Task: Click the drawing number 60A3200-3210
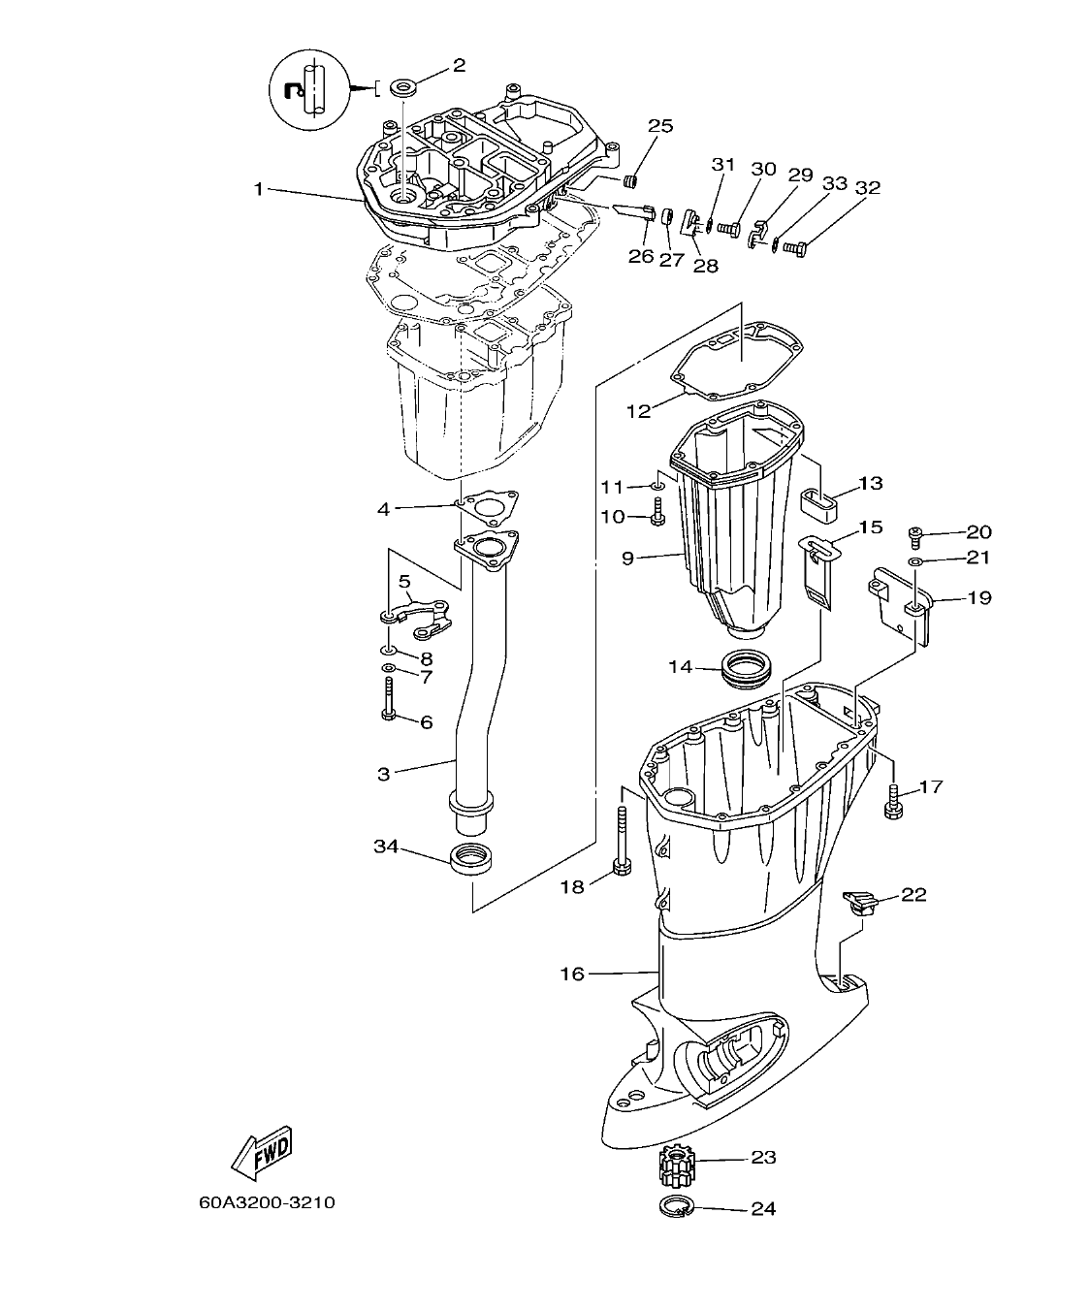pyautogui.click(x=267, y=1202)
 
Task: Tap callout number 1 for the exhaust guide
pyautogui.click(x=259, y=189)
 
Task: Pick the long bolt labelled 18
pyautogui.click(x=622, y=843)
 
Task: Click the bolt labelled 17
pyautogui.click(x=893, y=800)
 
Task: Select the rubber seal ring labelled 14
pyautogui.click(x=747, y=669)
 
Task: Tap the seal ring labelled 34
pyautogui.click(x=472, y=858)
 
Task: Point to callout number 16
pyautogui.click(x=572, y=973)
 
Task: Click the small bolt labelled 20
pyautogui.click(x=913, y=532)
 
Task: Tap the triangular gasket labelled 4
pyautogui.click(x=487, y=507)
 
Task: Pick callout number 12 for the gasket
pyautogui.click(x=638, y=410)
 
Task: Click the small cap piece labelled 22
pyautogui.click(x=857, y=901)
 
